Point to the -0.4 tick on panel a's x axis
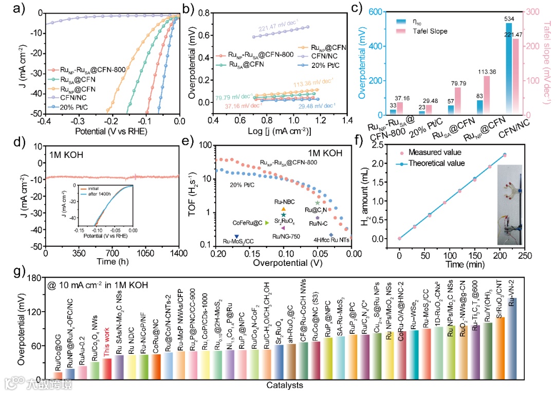pos(45,121)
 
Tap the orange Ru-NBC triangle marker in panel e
pos(283,209)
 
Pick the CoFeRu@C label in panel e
pos(248,223)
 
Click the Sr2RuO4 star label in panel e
pos(284,221)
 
